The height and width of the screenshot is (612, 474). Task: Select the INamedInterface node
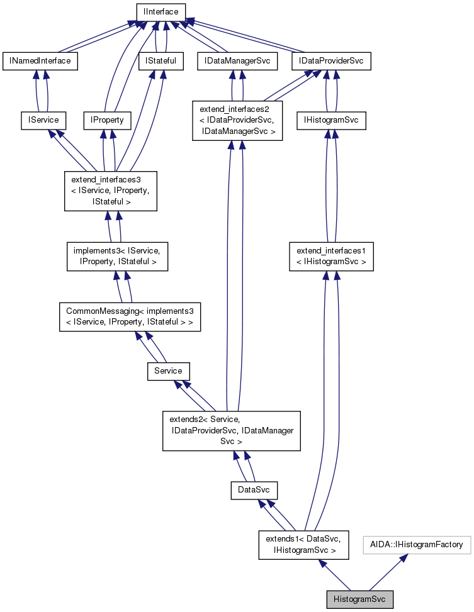click(x=40, y=61)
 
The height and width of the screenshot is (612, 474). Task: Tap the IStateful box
click(x=161, y=61)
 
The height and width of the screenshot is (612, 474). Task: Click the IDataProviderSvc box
click(x=332, y=61)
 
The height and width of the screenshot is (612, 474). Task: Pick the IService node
click(x=40, y=119)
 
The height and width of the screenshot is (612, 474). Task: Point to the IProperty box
click(x=106, y=119)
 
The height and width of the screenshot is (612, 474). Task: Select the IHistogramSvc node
click(x=331, y=119)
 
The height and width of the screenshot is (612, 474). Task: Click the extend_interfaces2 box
click(x=238, y=119)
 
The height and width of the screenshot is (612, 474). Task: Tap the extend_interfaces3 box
click(x=110, y=191)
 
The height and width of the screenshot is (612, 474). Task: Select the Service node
click(x=168, y=370)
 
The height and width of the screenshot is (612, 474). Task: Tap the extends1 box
click(x=303, y=545)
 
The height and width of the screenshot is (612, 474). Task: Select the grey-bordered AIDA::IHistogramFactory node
click(x=416, y=544)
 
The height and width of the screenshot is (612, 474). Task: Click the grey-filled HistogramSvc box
click(x=359, y=599)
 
